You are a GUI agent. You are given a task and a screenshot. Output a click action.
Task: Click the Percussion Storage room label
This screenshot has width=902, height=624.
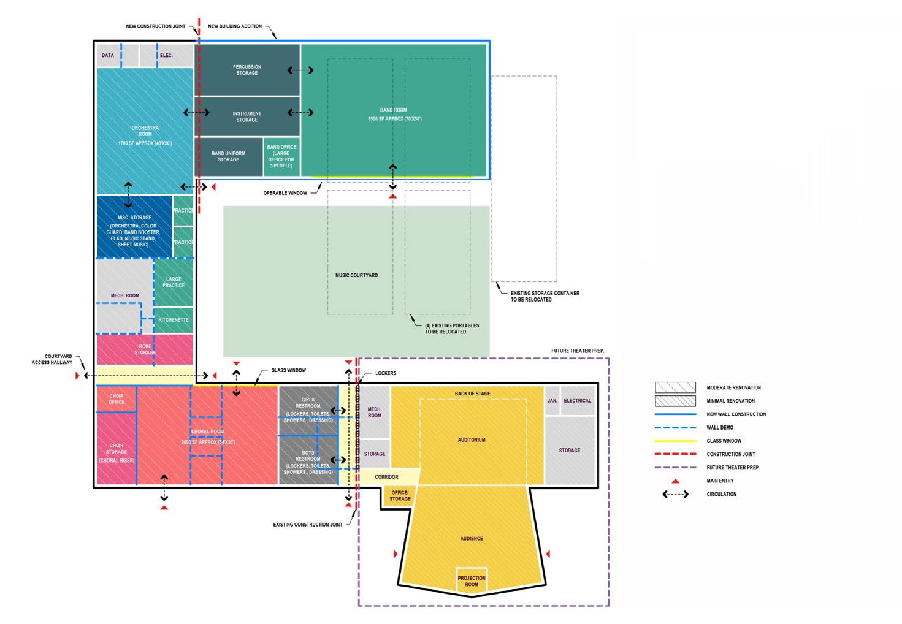click(247, 70)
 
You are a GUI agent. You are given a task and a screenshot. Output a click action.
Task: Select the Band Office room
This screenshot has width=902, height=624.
click(281, 156)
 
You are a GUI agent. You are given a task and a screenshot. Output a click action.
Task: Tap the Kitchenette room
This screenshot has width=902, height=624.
click(174, 320)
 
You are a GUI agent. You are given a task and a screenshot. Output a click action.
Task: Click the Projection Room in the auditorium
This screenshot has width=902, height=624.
click(471, 581)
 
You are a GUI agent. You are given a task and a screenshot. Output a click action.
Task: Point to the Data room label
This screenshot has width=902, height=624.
click(108, 55)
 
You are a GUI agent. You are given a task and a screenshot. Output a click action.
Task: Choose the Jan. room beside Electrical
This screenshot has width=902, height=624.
click(552, 401)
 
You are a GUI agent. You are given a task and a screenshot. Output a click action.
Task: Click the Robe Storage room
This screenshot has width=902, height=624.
click(145, 349)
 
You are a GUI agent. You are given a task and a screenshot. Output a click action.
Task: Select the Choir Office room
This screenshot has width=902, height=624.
click(117, 399)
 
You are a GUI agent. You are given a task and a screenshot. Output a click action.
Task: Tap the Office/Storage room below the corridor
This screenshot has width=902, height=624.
click(400, 495)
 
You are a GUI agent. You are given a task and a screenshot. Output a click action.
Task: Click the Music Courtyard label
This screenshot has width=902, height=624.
click(356, 275)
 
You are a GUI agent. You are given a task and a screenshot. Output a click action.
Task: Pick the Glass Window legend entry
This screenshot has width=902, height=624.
click(724, 441)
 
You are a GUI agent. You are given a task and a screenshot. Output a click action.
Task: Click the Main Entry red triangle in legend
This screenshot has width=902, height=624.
click(675, 481)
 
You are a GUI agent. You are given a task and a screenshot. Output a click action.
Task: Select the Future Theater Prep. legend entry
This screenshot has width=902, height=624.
click(732, 467)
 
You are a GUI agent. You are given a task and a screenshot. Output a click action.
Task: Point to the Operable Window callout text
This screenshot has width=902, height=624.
click(285, 193)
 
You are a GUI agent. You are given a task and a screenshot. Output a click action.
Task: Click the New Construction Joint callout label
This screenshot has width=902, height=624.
click(155, 26)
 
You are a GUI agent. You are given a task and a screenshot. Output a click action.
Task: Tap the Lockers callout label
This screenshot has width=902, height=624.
click(386, 373)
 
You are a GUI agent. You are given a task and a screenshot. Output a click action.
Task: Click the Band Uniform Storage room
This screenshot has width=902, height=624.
click(228, 156)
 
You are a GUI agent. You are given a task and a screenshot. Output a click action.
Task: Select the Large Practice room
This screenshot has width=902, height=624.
click(174, 282)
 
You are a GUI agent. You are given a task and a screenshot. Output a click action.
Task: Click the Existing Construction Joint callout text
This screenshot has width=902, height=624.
click(308, 525)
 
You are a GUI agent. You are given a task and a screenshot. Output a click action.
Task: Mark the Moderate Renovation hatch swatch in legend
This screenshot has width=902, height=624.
click(675, 387)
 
